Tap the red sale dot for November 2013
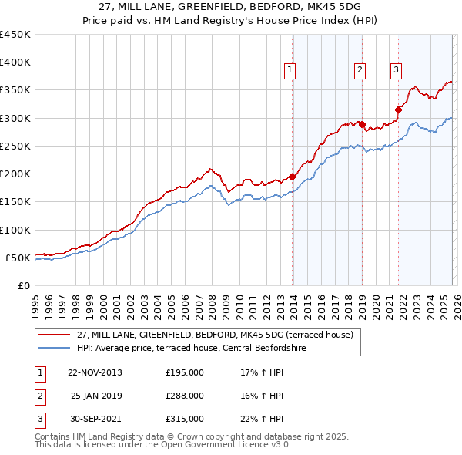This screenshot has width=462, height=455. [293, 177]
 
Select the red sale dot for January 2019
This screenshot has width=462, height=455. [363, 124]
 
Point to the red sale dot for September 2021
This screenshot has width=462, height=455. [399, 110]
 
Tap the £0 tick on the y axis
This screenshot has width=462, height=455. [23, 285]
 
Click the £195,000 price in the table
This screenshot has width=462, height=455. [184, 372]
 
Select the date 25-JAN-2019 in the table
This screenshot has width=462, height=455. [96, 396]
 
